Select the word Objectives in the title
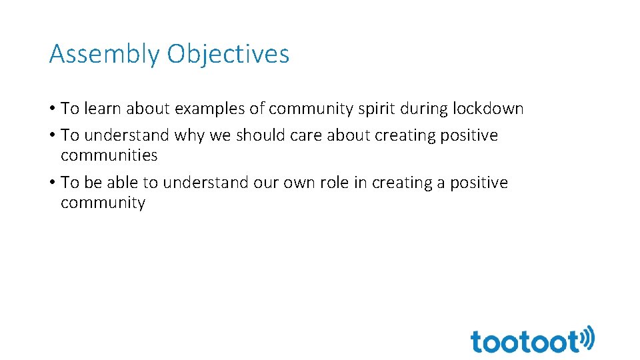point(228,54)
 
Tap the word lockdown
point(488,108)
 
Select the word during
point(427,108)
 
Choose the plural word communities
point(109,155)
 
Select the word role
point(331,183)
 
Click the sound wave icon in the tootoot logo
point(587,337)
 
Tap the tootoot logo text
point(525,341)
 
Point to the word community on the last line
point(103,203)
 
